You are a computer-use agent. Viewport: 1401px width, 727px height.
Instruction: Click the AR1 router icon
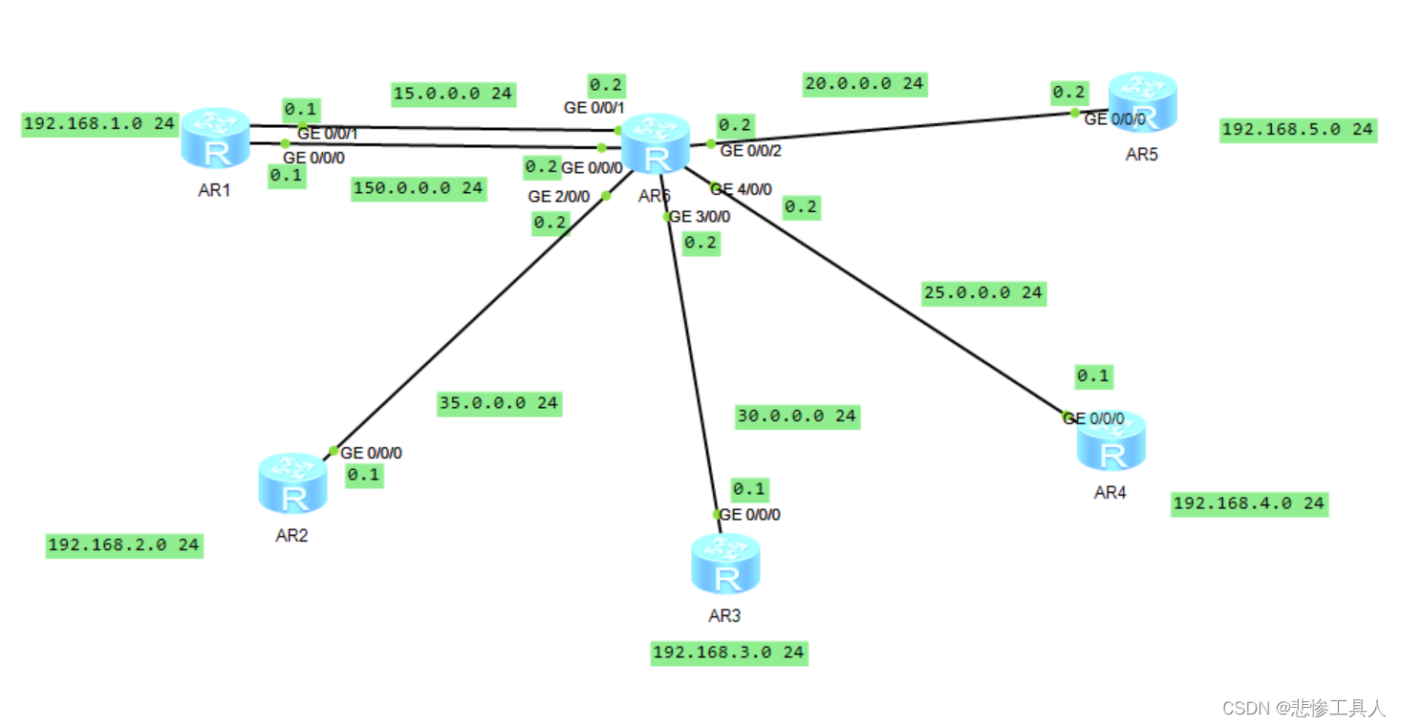tap(215, 139)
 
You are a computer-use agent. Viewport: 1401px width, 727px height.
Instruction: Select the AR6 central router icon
tap(656, 144)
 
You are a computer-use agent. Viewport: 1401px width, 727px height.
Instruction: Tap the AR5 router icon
tap(1142, 102)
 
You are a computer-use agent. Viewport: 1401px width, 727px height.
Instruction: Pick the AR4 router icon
tap(1111, 441)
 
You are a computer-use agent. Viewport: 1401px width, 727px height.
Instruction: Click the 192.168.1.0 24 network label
tap(99, 124)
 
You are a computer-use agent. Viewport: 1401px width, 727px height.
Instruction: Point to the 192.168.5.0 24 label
tap(1298, 129)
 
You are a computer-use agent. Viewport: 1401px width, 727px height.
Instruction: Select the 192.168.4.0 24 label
tap(1249, 503)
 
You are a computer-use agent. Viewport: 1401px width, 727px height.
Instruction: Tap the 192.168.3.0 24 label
tap(728, 652)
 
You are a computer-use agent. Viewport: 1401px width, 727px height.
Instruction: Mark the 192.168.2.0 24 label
tap(124, 545)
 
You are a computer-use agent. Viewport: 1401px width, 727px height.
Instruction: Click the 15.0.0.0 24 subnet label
tap(454, 94)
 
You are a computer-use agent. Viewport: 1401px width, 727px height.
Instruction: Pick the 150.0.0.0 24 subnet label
tap(419, 188)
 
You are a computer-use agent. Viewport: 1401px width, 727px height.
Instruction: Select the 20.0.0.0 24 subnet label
tap(864, 84)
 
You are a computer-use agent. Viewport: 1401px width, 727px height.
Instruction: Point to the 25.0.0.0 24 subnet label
tap(983, 293)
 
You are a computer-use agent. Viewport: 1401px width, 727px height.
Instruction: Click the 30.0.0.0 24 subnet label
tap(796, 417)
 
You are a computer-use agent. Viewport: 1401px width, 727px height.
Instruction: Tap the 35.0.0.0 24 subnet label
tap(498, 403)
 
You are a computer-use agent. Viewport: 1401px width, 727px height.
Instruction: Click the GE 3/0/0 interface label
tap(700, 217)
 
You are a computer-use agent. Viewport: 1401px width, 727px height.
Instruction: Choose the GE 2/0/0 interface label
tap(559, 196)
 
